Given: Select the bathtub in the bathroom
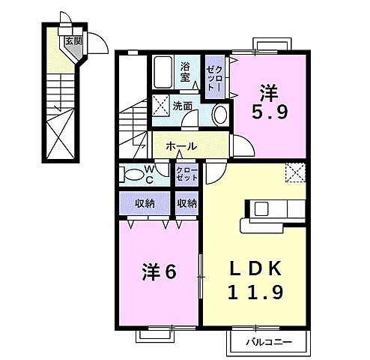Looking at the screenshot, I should tap(163, 73).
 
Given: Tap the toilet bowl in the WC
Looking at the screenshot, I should tap(133, 175).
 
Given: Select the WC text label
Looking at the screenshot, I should tap(149, 175).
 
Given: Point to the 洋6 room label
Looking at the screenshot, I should tap(159, 271).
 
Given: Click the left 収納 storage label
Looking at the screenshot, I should tap(145, 202).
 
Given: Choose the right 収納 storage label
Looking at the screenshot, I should tap(187, 202).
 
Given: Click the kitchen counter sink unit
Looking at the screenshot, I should tap(264, 208).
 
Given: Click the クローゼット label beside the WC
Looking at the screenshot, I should tap(186, 175).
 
